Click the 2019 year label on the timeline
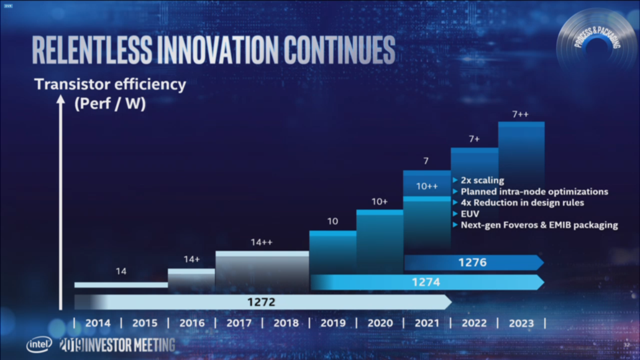click(333, 323)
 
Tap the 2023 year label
click(521, 323)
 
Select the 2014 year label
click(98, 323)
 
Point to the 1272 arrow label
click(262, 303)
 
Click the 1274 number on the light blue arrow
click(426, 282)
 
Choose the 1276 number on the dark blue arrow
click(473, 262)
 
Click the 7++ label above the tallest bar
click(521, 114)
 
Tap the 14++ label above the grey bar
click(262, 243)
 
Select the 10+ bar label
click(380, 201)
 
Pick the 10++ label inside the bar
click(427, 186)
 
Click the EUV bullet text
click(470, 214)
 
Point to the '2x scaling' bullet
click(482, 180)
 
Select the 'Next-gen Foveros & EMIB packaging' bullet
click(539, 225)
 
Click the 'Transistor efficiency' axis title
click(110, 85)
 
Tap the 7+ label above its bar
click(473, 140)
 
